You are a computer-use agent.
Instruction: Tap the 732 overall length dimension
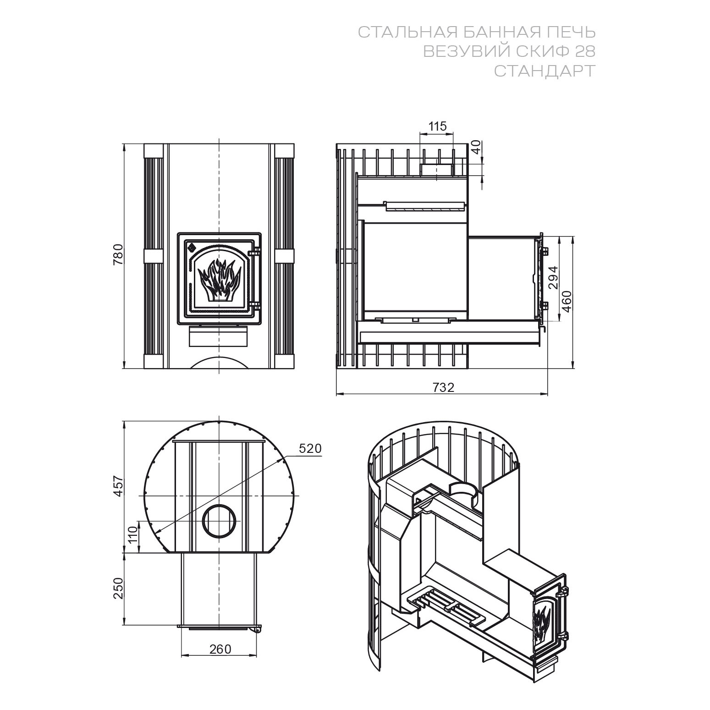443,387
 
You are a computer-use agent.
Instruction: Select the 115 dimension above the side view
437,126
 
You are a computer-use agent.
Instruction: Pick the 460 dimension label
567,301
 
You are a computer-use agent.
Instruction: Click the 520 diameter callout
310,449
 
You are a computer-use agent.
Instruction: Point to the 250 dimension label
119,588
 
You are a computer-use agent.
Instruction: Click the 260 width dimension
220,649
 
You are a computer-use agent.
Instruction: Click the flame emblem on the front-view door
219,280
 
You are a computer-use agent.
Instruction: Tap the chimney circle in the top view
220,521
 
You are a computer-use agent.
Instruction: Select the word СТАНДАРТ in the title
545,71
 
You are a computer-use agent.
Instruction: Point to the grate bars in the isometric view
445,607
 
